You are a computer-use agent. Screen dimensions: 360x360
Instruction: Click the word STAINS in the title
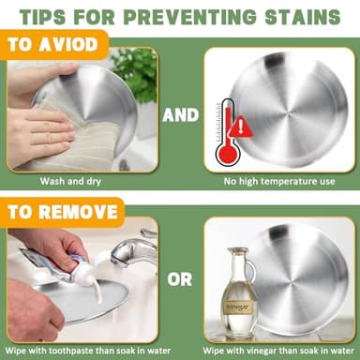(x=303, y=17)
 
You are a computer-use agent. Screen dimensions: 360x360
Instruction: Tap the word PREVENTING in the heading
(x=189, y=17)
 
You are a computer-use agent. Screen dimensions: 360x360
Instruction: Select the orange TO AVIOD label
(x=53, y=45)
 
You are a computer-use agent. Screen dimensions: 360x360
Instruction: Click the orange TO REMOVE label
(x=63, y=212)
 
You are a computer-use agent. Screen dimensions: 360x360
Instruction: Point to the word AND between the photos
(x=181, y=115)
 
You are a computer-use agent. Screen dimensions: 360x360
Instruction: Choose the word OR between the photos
(x=180, y=279)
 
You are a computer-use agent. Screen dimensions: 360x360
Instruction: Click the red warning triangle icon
(x=241, y=127)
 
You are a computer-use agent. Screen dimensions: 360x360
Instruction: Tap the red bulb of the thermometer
(x=228, y=154)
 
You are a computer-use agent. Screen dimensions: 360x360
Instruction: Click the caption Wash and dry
(x=70, y=181)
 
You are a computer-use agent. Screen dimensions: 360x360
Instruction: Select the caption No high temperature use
(x=279, y=182)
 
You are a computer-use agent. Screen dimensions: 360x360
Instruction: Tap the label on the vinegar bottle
(x=238, y=307)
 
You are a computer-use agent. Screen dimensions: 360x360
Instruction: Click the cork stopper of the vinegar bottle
(x=238, y=250)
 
